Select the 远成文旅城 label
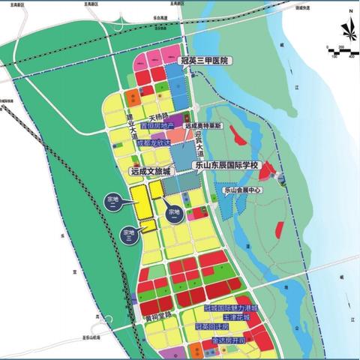click(156, 171)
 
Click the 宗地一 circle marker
click(174, 212)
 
